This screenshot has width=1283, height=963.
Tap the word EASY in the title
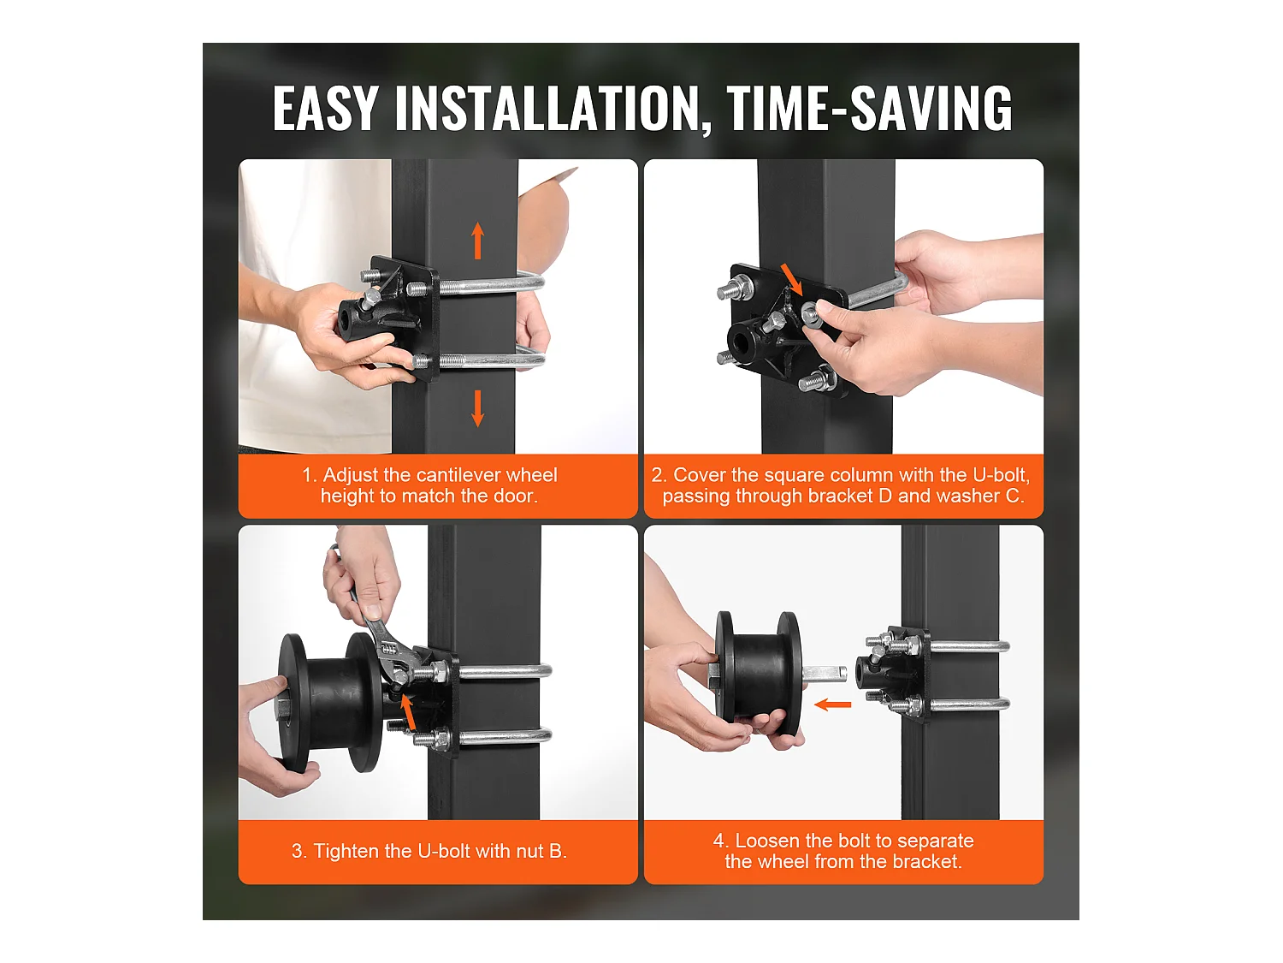324,108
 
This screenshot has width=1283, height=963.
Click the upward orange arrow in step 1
477,241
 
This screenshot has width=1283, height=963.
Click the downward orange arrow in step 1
477,408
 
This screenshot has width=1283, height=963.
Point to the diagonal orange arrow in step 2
793,280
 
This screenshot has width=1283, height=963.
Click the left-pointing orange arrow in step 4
833,704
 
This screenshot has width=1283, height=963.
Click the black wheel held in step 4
759,673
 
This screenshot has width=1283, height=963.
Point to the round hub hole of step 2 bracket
743,341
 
